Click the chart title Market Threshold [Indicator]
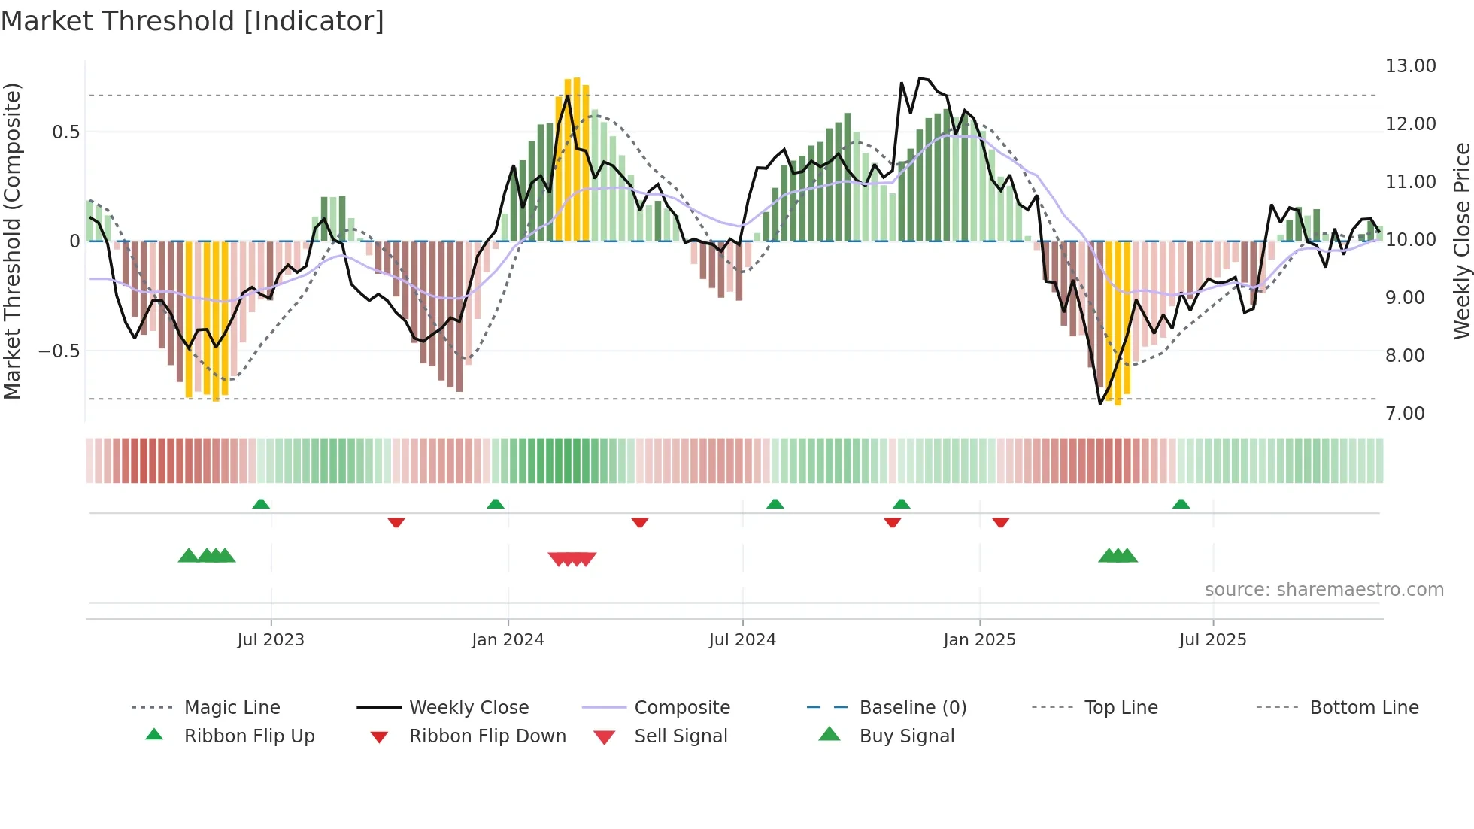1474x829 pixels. [x=193, y=21]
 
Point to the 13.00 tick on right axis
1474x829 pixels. [x=1410, y=66]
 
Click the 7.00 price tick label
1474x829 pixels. [x=1405, y=414]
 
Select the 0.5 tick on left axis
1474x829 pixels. [x=65, y=132]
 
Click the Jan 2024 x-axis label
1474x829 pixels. [x=508, y=640]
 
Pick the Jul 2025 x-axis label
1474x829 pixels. [x=1212, y=640]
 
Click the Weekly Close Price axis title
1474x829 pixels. [x=1461, y=241]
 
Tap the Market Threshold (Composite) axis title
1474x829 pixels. [x=12, y=241]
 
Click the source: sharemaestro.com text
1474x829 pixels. [x=1324, y=590]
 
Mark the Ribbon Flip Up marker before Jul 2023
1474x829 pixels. [x=261, y=504]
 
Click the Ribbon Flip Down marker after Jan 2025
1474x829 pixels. [x=1000, y=522]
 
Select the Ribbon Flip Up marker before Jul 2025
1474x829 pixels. [x=1181, y=504]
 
